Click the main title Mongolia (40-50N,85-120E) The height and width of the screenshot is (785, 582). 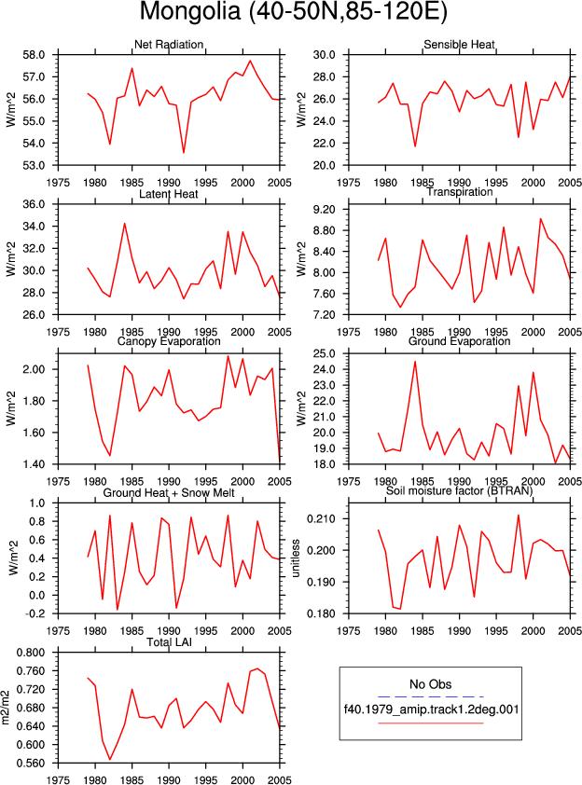[293, 11]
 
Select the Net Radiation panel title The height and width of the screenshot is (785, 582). [169, 45]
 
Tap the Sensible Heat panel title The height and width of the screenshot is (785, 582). [459, 45]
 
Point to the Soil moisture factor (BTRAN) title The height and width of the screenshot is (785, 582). [459, 490]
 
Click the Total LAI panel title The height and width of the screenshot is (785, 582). [170, 642]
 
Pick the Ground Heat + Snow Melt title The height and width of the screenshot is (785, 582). [169, 493]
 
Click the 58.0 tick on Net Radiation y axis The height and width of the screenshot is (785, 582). [35, 55]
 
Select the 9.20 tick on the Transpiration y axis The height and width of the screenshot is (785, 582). [325, 209]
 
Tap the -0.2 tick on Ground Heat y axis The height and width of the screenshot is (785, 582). [35, 613]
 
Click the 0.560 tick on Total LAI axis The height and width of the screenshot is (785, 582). [31, 763]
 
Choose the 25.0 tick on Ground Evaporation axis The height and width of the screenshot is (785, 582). [325, 354]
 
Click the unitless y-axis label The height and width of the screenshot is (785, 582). [296, 558]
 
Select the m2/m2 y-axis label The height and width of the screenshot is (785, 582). [6, 708]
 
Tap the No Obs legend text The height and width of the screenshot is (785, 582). [431, 684]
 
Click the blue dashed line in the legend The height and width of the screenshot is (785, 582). [431, 696]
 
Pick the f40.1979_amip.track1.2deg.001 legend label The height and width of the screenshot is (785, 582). [431, 709]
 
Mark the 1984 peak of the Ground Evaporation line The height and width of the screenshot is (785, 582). [415, 362]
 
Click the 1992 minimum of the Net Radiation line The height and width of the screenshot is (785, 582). [184, 153]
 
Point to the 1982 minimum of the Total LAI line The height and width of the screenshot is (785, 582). [110, 760]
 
